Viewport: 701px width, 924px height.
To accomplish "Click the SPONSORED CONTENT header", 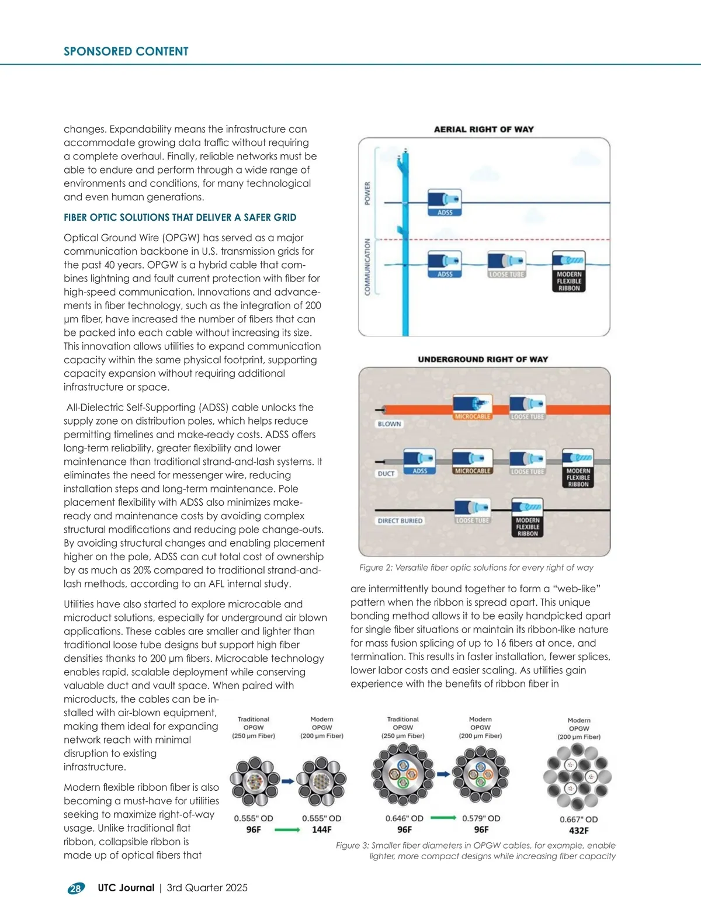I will (126, 51).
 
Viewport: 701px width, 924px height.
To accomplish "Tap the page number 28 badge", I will (76, 888).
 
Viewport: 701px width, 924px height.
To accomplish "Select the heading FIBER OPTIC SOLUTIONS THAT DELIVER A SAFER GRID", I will (180, 217).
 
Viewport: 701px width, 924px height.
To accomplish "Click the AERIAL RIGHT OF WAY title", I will (484, 129).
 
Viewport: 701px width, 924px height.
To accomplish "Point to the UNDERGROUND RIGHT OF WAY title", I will (483, 359).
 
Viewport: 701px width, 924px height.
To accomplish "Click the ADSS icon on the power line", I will (445, 202).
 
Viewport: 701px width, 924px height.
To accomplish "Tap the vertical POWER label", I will (367, 193).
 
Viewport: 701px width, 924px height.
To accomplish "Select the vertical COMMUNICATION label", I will (367, 266).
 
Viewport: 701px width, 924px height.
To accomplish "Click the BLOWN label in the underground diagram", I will (389, 424).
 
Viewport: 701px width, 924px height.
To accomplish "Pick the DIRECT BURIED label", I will (400, 520).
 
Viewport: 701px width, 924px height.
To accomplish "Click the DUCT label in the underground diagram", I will (386, 474).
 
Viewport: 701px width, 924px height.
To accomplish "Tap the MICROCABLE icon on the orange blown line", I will (473, 407).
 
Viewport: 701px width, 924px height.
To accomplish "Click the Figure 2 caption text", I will (476, 567).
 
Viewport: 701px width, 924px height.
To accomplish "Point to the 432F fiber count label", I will (578, 830).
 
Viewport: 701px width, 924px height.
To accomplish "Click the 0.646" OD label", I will (404, 818).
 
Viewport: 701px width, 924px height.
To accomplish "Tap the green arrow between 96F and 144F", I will (287, 829).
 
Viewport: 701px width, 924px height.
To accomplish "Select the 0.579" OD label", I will (481, 818).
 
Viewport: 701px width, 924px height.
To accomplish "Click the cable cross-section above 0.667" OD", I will (577, 777).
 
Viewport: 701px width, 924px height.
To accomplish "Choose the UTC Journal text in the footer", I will (126, 888).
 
